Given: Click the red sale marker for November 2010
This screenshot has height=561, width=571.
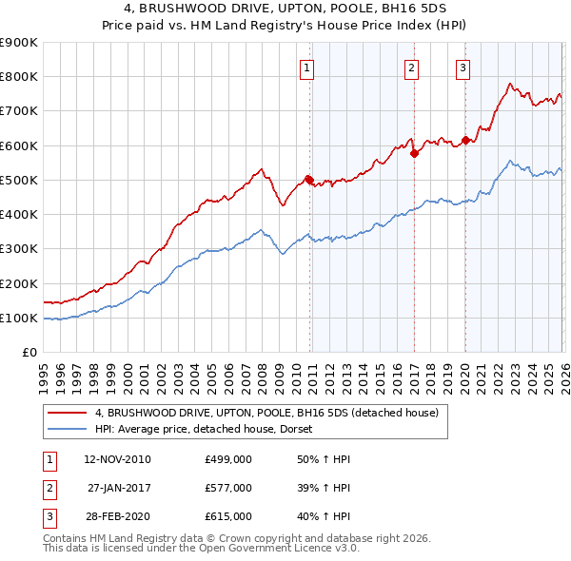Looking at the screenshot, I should click(x=309, y=179).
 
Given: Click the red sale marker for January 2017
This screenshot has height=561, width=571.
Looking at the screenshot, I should click(x=414, y=153).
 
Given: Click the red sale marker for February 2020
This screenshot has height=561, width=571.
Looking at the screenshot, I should click(x=465, y=141).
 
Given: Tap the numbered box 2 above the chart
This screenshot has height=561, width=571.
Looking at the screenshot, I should click(x=411, y=68).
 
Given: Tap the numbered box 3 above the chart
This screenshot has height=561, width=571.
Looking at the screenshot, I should click(x=463, y=68).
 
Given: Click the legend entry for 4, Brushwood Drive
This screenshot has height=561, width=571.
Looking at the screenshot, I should click(x=266, y=413).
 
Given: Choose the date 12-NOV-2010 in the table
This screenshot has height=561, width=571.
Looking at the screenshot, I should click(x=117, y=459).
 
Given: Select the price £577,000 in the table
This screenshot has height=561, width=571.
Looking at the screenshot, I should click(x=228, y=488).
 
